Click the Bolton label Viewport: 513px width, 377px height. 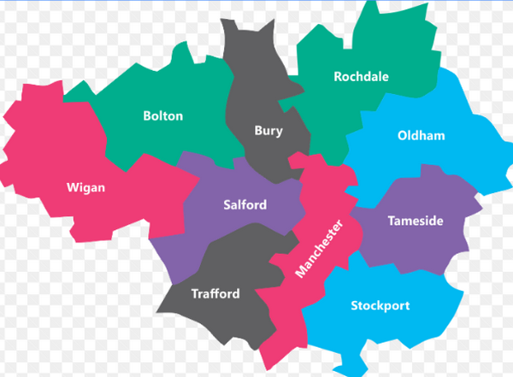162,116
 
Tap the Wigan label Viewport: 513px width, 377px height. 85,187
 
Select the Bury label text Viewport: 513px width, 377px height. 268,131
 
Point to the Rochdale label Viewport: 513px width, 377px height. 361,77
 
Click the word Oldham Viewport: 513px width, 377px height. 422,136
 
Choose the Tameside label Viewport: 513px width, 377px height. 416,221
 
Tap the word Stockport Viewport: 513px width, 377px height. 380,305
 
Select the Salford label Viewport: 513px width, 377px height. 245,205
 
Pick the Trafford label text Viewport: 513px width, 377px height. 215,293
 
